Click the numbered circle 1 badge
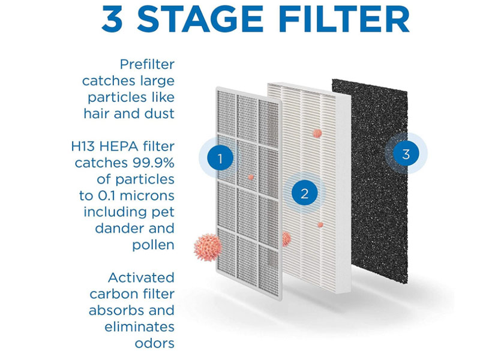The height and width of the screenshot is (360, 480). coord(220,158)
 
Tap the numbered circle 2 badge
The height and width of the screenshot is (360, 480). coord(304,193)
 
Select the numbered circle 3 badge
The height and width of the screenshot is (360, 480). coord(406,154)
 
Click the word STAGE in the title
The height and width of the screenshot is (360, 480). coord(200,19)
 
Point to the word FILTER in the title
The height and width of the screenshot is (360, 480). coord(344,19)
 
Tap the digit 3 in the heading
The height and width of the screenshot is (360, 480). coord(112,19)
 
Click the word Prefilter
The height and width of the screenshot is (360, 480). coord(147,64)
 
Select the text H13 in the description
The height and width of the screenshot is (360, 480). coord(83,146)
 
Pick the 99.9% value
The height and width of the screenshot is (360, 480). coord(154,163)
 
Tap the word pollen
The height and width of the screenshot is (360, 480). coord(153,245)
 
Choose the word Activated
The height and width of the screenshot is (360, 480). coord(141,278)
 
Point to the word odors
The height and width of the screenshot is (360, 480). coord(155,343)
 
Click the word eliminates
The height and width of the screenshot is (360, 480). coord(139,327)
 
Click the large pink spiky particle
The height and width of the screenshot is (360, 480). coord(208,247)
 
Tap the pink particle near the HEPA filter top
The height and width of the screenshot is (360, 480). coord(317,133)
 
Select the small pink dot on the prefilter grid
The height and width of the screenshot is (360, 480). coord(251,177)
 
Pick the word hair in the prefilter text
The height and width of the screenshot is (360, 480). coord(97,113)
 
